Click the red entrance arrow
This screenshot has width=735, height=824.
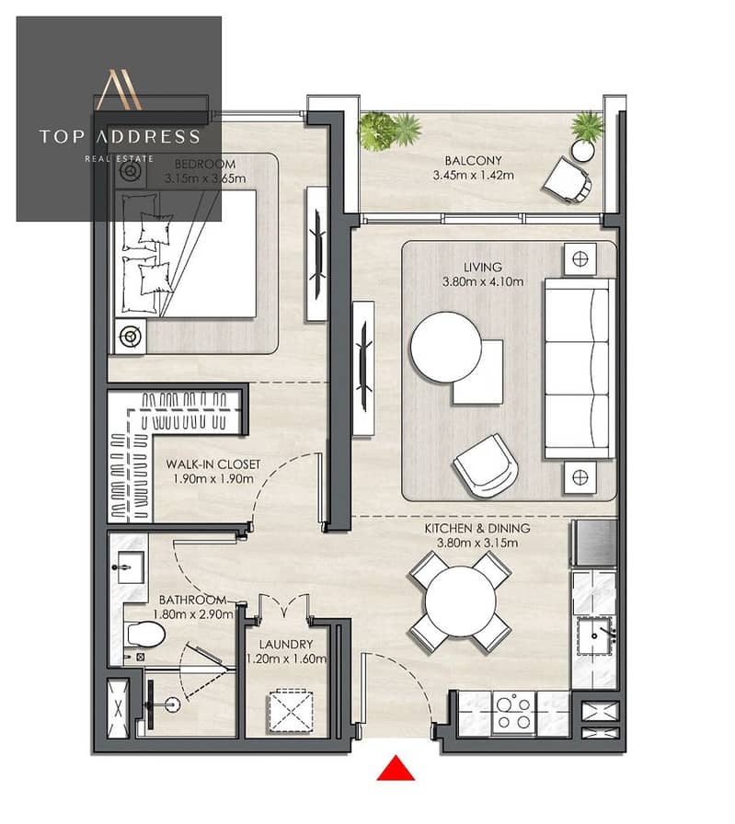pos(396,768)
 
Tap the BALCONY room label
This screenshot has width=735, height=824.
pos(473,161)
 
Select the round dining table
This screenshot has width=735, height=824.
pos(461,602)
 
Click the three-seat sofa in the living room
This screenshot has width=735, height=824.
pos(580,369)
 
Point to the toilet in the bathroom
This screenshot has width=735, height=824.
pos(145,635)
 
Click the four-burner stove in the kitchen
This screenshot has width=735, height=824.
pos(513,713)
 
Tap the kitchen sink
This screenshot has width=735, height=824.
pos(596,636)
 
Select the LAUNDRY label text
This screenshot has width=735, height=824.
pos(286,645)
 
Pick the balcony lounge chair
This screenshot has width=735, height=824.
pos(568,180)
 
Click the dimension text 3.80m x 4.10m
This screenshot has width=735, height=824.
pos(483,281)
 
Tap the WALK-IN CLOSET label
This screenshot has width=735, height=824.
pos(212,464)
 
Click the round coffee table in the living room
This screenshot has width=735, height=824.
pos(445,348)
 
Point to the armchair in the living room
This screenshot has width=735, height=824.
pos(485,465)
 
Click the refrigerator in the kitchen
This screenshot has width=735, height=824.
pos(595,544)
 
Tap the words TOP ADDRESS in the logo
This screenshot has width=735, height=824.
pos(120,137)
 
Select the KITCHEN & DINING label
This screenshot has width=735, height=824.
pos(477,529)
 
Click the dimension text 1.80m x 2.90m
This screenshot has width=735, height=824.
pos(193,613)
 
